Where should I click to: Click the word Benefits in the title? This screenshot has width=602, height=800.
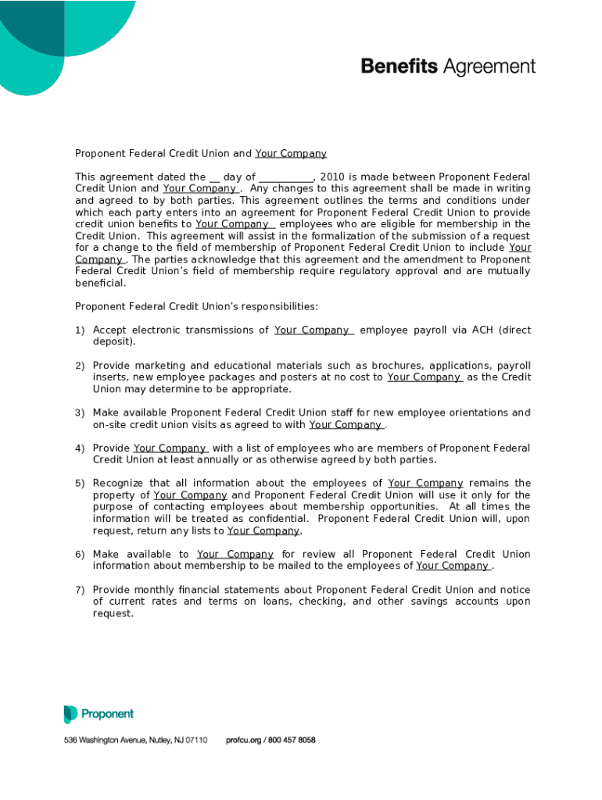400,66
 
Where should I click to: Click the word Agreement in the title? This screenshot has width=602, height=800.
489,67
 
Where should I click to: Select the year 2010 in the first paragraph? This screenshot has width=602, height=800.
331,177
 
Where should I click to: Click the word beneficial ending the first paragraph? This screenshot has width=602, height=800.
100,283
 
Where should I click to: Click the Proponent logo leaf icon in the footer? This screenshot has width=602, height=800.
70,714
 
